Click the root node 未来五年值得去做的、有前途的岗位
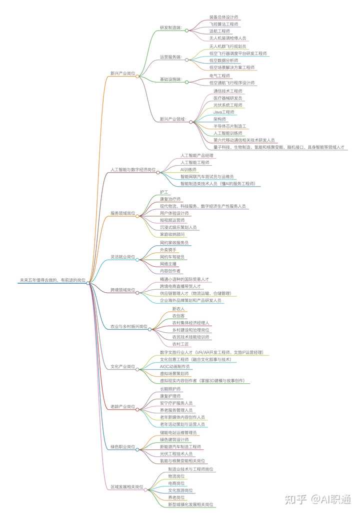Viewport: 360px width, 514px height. [52, 280]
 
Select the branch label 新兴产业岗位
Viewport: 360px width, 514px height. [122, 73]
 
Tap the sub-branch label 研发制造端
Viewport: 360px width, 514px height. [171, 27]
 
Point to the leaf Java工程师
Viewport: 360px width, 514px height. [223, 112]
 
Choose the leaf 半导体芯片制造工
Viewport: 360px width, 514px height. [229, 126]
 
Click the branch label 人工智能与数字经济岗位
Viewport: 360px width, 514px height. [132, 170]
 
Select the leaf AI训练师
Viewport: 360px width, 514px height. [188, 170]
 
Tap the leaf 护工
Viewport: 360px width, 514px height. [164, 192]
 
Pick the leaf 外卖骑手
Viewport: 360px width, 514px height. [168, 249]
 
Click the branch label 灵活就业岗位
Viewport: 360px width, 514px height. [122, 256]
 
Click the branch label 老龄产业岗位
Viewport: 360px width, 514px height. [122, 406]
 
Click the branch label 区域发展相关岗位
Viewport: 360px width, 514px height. [126, 486]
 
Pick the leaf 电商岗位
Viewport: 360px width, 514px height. [176, 483]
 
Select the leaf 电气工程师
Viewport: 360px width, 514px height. [220, 76]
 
